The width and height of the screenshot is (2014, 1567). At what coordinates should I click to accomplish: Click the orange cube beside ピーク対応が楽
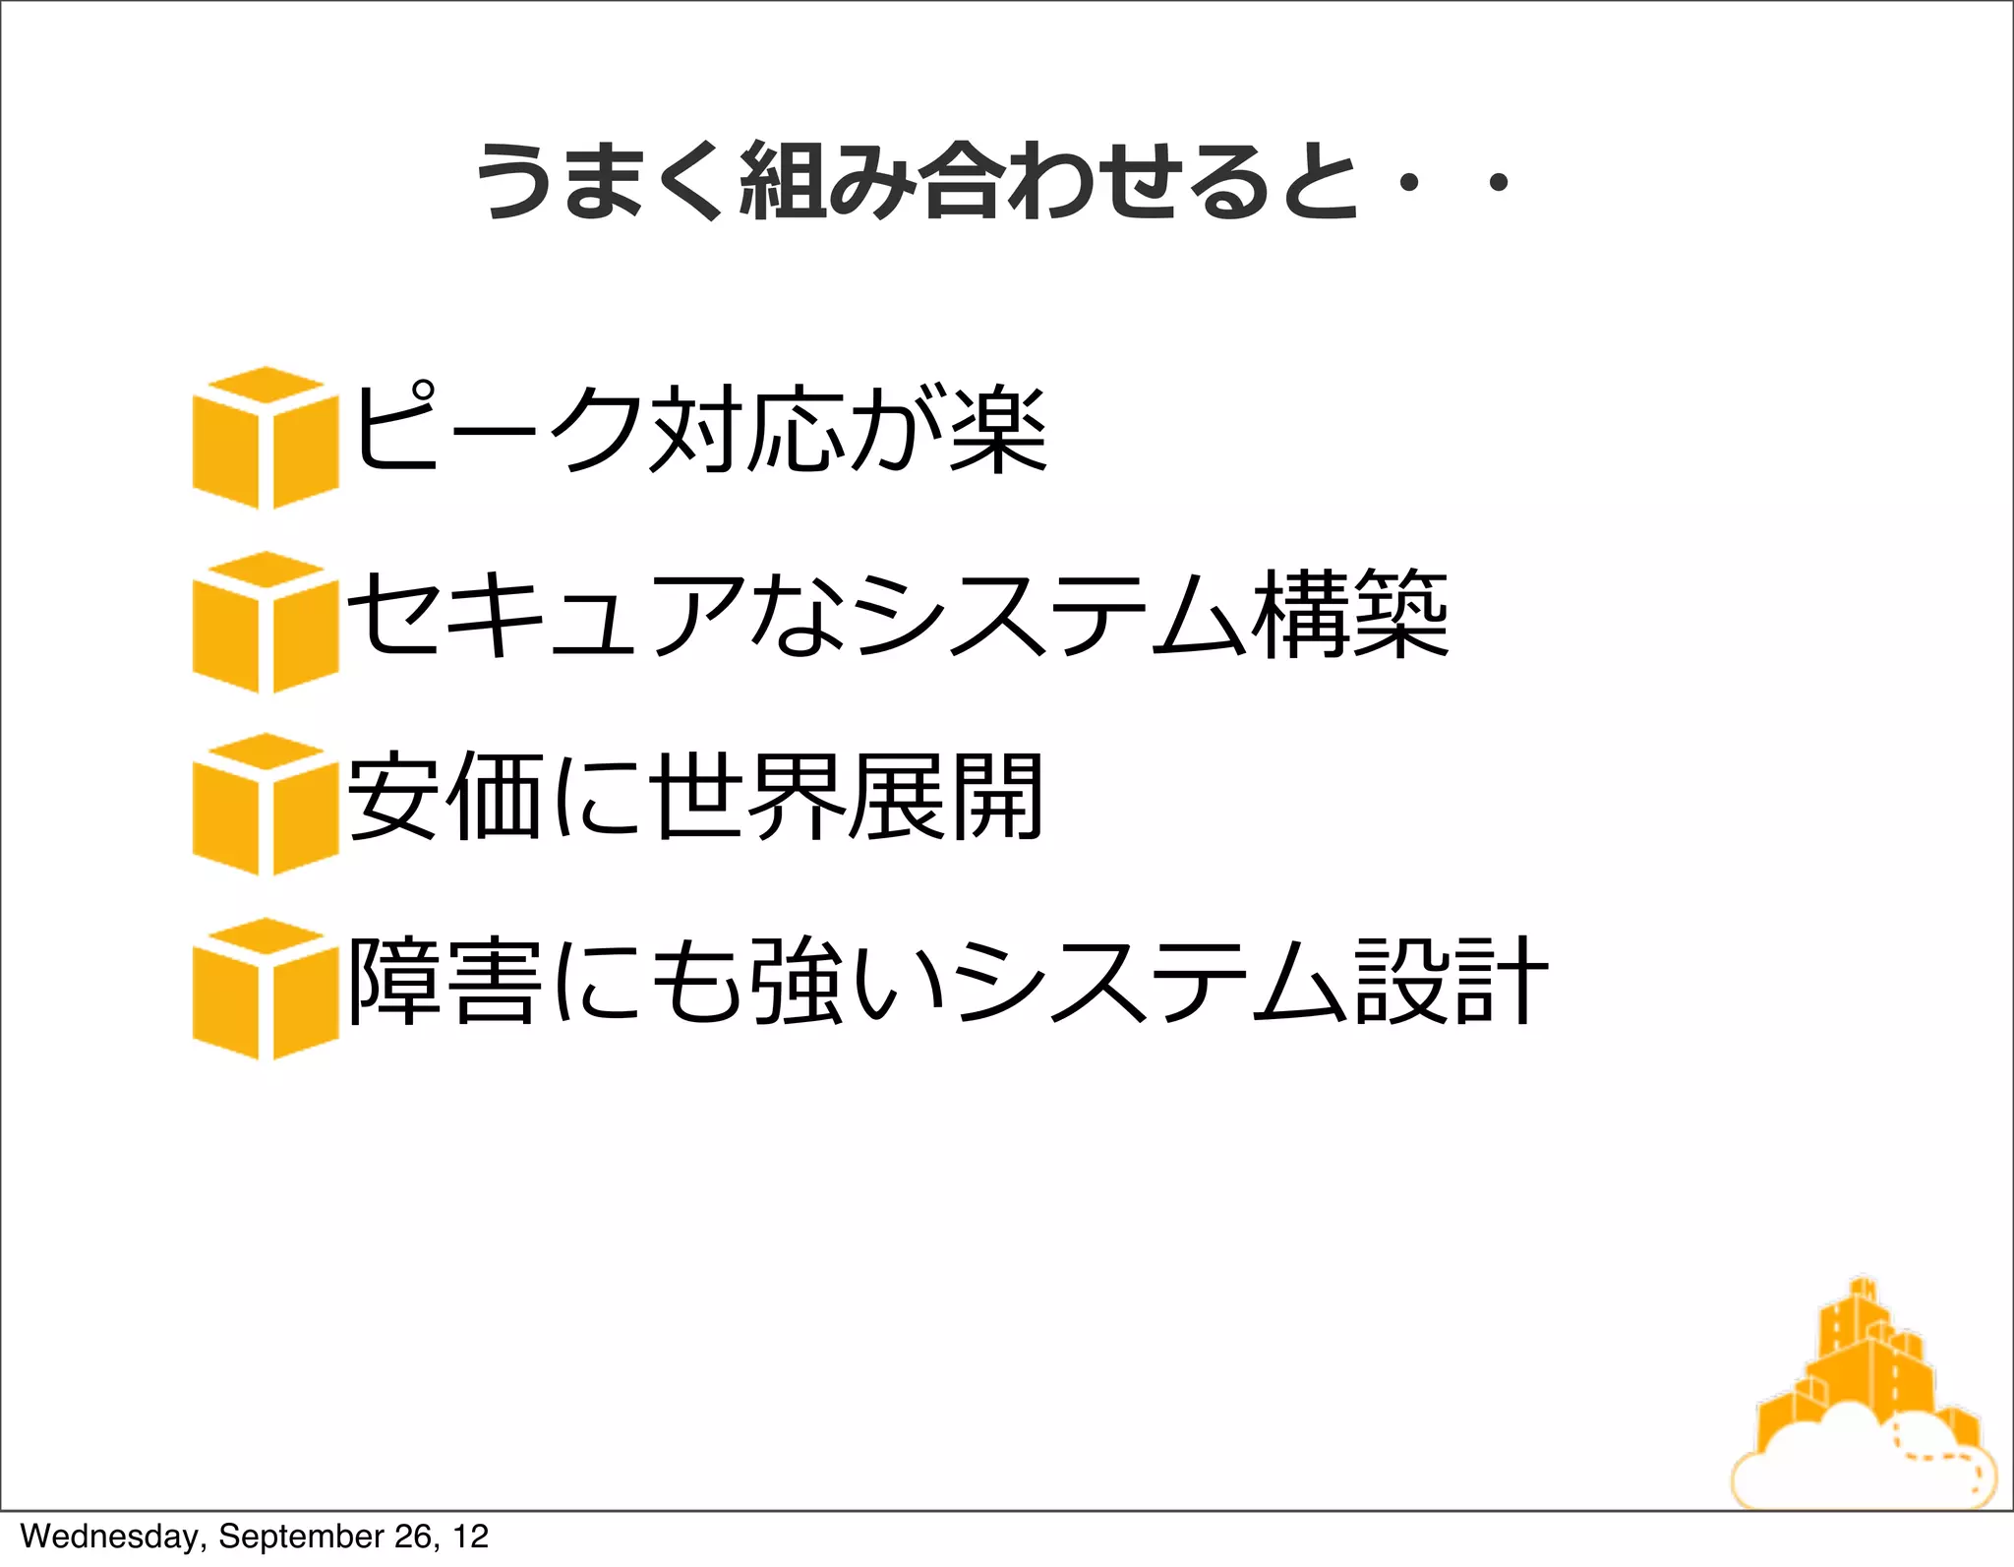266,438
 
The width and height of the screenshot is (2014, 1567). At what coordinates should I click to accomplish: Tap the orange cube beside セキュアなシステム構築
266,622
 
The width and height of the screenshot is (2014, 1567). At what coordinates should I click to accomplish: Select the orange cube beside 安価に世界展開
266,804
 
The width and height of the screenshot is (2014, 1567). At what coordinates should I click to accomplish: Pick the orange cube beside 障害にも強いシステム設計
266,989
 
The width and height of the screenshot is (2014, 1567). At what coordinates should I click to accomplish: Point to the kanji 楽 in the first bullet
998,430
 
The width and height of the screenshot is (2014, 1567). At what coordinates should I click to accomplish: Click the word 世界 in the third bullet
747,797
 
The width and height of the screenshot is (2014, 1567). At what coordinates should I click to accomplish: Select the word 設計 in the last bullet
1451,982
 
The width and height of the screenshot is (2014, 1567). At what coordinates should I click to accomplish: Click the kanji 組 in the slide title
783,180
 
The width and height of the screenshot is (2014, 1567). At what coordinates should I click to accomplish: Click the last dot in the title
1499,182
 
